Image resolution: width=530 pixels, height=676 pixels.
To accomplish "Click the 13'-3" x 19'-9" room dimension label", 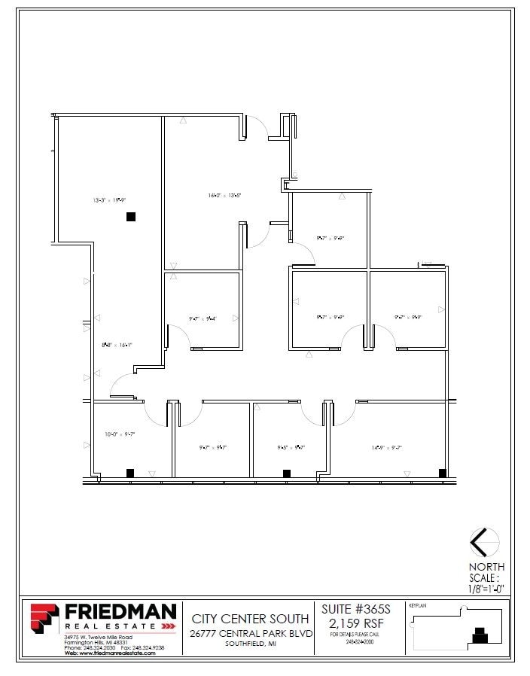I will (x=109, y=200).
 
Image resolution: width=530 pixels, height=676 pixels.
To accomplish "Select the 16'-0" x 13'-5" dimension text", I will (x=224, y=196).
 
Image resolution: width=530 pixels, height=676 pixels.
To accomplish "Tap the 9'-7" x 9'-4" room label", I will (x=203, y=318).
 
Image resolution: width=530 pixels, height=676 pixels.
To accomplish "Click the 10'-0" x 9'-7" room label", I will (x=119, y=434).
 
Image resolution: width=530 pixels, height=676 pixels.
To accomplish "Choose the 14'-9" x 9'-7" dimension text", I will (x=387, y=447).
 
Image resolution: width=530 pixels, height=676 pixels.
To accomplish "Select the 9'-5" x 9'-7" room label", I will (x=291, y=447).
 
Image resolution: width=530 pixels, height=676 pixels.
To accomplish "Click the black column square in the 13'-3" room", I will (x=131, y=217).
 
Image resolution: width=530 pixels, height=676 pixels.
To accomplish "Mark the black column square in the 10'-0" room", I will (x=130, y=473).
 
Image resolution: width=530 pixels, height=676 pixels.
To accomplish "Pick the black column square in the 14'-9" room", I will (x=443, y=473).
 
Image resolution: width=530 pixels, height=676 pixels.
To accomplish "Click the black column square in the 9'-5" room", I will (x=286, y=473).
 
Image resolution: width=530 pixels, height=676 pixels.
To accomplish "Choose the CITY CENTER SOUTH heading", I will (x=250, y=619).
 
